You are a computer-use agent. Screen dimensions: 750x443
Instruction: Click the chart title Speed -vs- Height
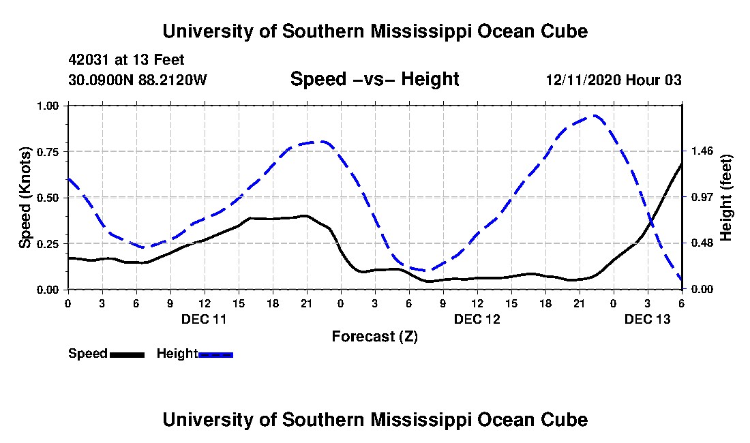pyautogui.click(x=374, y=79)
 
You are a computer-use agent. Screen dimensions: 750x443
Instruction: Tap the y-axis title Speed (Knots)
pyautogui.click(x=25, y=198)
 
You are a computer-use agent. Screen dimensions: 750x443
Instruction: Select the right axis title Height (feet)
pyautogui.click(x=725, y=198)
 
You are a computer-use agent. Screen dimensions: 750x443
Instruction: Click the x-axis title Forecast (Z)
pyautogui.click(x=375, y=337)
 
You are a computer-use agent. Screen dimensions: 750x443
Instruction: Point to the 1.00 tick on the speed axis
pyautogui.click(x=47, y=106)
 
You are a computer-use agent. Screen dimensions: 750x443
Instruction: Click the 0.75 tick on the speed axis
pyautogui.click(x=47, y=152)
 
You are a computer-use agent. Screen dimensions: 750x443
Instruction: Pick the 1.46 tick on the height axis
pyautogui.click(x=702, y=151)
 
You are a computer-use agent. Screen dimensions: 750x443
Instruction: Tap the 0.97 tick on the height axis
pyautogui.click(x=702, y=198)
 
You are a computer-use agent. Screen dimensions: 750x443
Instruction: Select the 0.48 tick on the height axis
pyautogui.click(x=702, y=243)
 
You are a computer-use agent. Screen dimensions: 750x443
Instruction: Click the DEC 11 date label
pyautogui.click(x=204, y=319)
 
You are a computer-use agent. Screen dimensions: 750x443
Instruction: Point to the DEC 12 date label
pyautogui.click(x=477, y=319)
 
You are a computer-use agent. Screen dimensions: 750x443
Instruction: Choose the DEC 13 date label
pyautogui.click(x=648, y=319)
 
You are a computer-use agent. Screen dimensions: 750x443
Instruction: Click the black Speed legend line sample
pyautogui.click(x=127, y=354)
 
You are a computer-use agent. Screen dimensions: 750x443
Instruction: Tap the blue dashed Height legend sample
pyautogui.click(x=215, y=354)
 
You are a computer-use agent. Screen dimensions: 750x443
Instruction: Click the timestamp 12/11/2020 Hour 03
pyautogui.click(x=614, y=80)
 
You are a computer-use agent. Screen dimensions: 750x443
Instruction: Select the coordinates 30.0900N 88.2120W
pyautogui.click(x=138, y=80)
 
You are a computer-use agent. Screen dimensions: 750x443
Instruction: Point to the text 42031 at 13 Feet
pyautogui.click(x=126, y=60)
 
